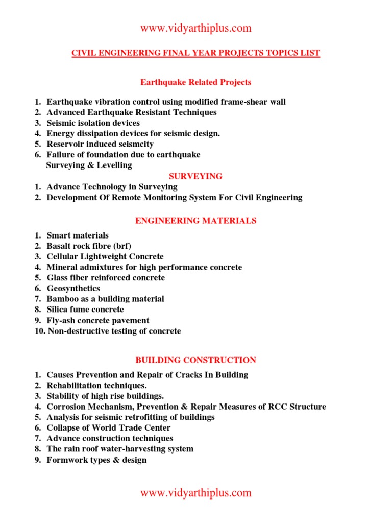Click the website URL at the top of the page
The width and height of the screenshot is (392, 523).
click(x=196, y=28)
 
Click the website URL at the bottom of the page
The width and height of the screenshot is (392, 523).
click(x=196, y=493)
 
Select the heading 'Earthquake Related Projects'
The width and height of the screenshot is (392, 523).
click(x=196, y=82)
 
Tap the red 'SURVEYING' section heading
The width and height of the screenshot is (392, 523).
click(x=196, y=176)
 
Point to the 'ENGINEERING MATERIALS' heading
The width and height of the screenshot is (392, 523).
click(x=196, y=221)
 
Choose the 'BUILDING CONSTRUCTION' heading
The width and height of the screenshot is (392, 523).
click(x=196, y=360)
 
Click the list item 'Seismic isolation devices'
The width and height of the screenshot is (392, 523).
click(x=93, y=123)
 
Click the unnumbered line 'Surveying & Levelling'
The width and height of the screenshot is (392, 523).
click(x=89, y=165)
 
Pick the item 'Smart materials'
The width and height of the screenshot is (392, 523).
click(x=78, y=235)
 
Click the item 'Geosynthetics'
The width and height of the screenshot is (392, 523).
click(x=73, y=289)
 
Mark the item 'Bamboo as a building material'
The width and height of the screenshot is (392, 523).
click(x=105, y=299)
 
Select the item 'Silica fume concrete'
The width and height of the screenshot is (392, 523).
click(x=85, y=310)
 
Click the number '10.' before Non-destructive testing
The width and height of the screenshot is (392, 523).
click(x=40, y=331)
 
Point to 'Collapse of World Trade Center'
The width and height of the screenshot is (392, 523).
click(x=108, y=428)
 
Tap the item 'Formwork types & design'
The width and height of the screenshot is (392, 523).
click(x=96, y=460)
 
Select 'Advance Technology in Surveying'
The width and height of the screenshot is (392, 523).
click(x=112, y=187)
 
